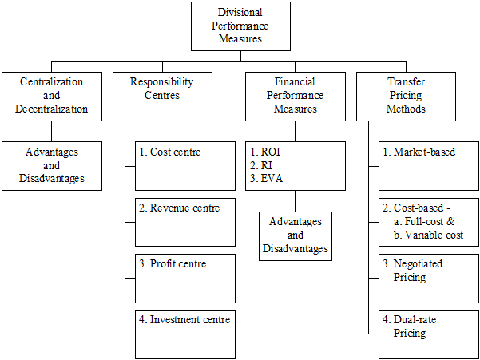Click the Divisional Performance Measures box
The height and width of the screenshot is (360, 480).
(240, 26)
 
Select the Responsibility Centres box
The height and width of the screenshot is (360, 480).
(162, 97)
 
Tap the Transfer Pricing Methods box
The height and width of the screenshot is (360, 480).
(406, 97)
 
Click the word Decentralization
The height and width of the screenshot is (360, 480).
(51, 109)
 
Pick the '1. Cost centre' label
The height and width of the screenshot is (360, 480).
(170, 152)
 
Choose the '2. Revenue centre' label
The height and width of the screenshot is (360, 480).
(180, 208)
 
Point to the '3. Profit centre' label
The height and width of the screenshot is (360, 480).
(173, 264)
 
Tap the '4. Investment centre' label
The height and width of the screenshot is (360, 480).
(184, 319)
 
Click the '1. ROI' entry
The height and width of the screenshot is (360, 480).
(265, 152)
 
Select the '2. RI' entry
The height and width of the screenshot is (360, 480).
(261, 165)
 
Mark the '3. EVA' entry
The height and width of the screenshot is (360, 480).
(266, 178)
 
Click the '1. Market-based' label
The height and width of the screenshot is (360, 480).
(419, 152)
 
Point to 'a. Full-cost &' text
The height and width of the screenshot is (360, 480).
(424, 221)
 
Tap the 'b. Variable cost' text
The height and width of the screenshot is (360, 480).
(428, 235)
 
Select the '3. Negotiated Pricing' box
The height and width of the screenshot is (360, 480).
(429, 279)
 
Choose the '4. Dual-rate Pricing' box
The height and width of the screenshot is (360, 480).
(429, 334)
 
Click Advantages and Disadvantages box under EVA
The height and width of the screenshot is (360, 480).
(296, 236)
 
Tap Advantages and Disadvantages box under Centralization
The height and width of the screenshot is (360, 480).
(52, 166)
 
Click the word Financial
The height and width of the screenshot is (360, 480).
(295, 82)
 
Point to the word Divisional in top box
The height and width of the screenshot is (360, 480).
(240, 13)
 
